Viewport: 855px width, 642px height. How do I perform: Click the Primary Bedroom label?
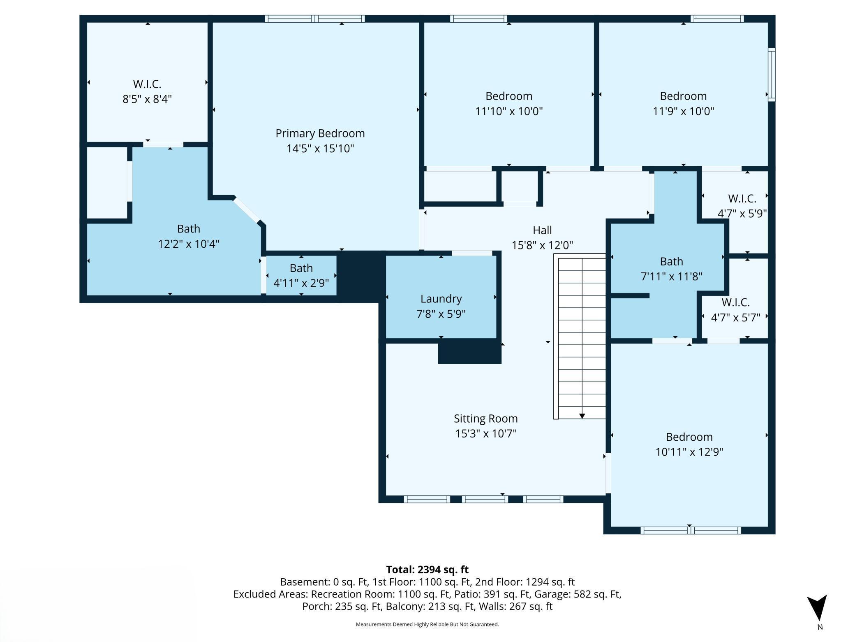(320, 133)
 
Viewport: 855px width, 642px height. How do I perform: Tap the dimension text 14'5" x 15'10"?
(320, 149)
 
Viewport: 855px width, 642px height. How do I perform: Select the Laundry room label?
(441, 299)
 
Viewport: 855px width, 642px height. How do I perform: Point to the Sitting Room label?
(485, 419)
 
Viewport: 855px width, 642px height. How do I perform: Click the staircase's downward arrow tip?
(582, 416)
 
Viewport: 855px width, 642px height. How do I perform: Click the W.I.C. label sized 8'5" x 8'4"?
(147, 84)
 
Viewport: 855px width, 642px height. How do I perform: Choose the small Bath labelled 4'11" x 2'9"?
(301, 268)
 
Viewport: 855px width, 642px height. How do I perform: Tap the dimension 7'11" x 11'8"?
(671, 277)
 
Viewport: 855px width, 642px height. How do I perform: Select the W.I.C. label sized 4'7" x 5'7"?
(735, 302)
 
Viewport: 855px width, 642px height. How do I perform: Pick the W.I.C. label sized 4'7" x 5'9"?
(742, 199)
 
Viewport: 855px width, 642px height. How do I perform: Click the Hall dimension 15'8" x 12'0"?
(542, 245)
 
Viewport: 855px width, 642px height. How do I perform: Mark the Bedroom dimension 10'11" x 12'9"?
(689, 452)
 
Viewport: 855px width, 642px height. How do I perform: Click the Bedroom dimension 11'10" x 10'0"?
(509, 111)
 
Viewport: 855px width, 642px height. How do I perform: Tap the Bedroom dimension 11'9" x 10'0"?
(683, 111)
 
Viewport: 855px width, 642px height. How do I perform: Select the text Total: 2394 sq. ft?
(427, 570)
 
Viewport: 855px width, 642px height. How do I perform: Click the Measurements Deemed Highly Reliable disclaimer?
(427, 624)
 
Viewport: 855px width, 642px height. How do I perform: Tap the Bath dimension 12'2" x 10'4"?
(188, 244)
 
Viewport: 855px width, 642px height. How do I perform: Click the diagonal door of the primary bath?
(247, 210)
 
